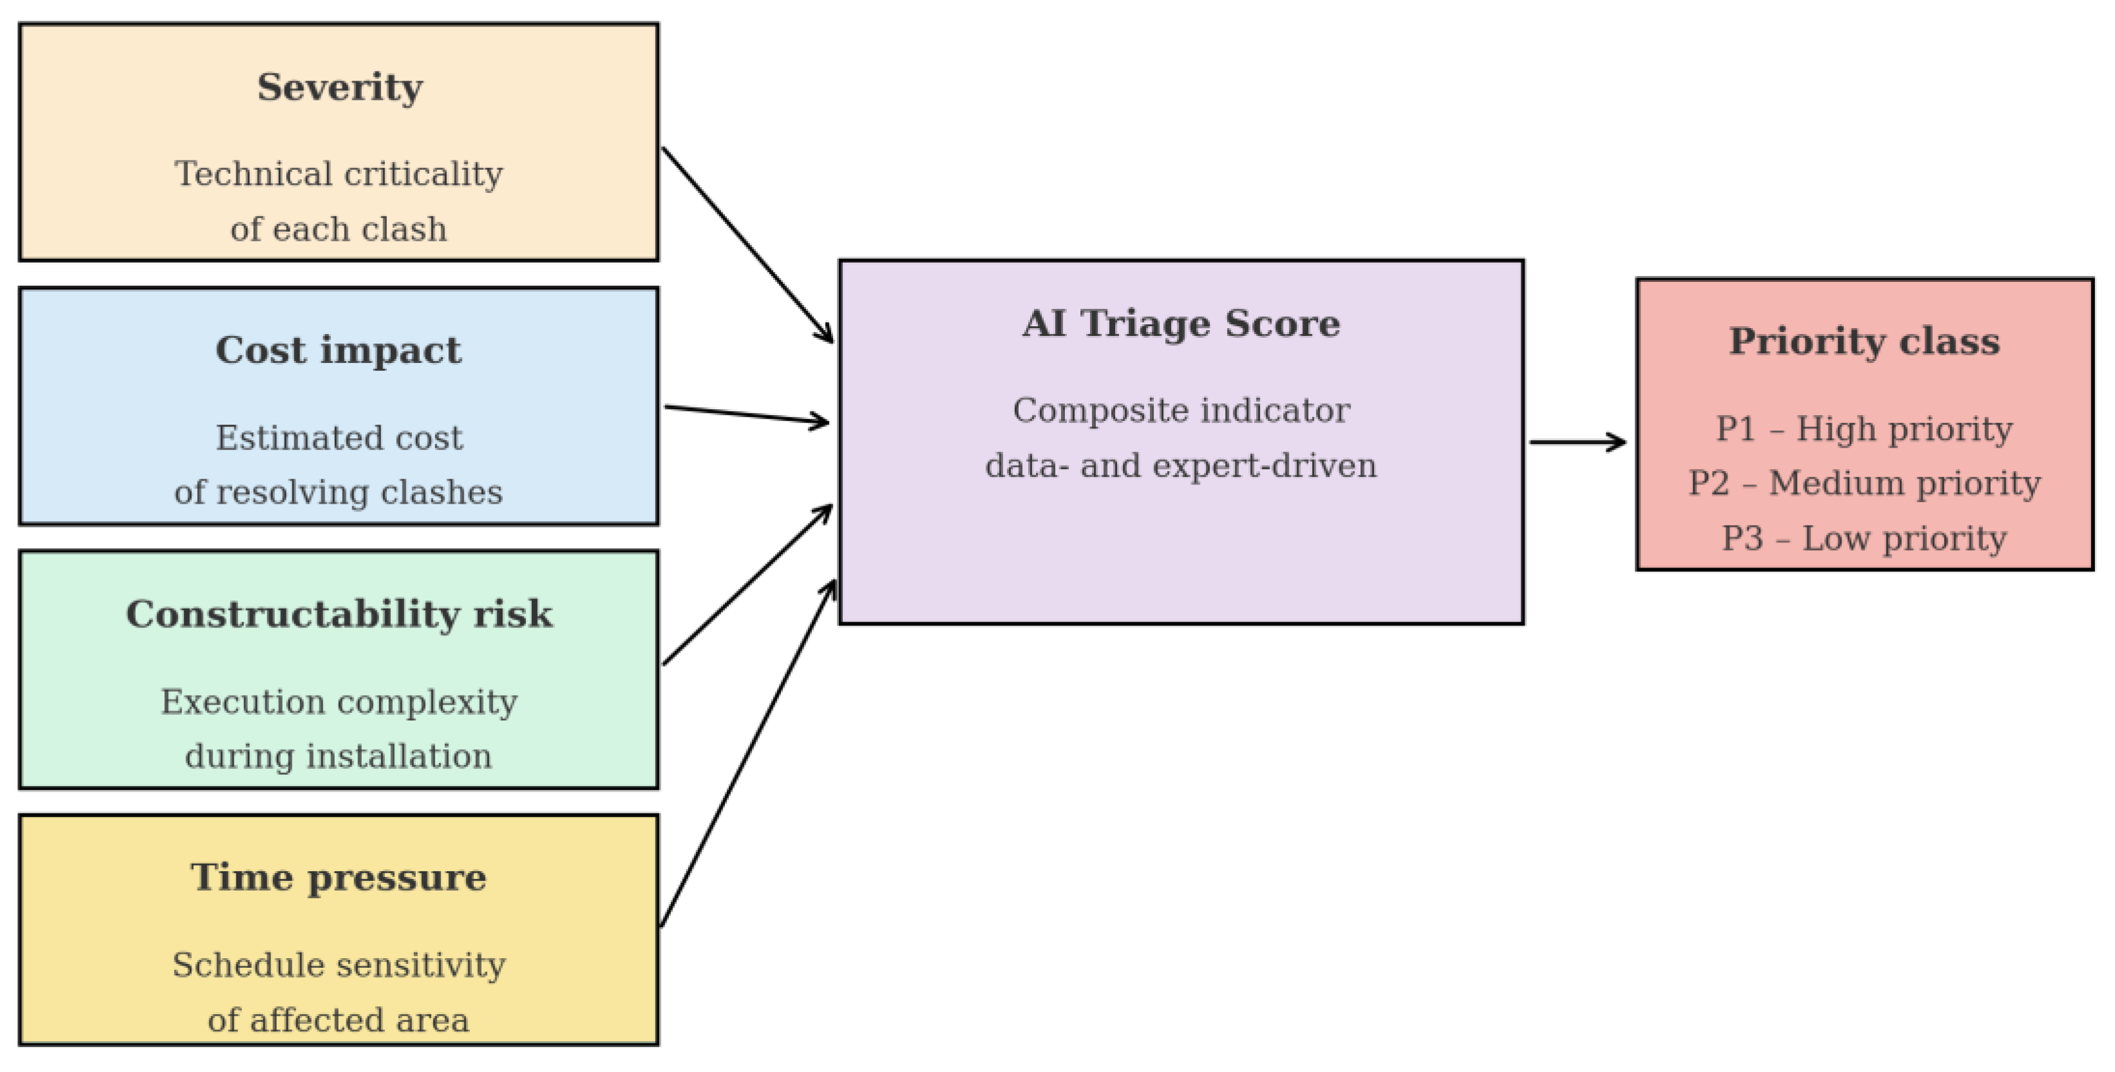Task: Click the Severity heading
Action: (340, 88)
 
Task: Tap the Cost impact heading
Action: (338, 351)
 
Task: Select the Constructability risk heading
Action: (339, 614)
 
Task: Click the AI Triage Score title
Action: (1181, 324)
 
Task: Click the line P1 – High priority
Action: (1865, 429)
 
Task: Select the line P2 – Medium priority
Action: (1865, 483)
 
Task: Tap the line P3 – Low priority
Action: (1865, 539)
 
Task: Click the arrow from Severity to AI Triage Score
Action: (748, 245)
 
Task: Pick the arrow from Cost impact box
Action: (747, 415)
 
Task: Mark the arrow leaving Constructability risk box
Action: (748, 584)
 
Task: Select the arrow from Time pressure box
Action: (748, 753)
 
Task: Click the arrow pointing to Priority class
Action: (1578, 443)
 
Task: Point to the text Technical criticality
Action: (339, 174)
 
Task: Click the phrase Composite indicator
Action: (1181, 411)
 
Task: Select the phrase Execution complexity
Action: (339, 702)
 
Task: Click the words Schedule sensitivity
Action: (339, 965)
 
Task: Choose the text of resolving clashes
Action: (338, 492)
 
